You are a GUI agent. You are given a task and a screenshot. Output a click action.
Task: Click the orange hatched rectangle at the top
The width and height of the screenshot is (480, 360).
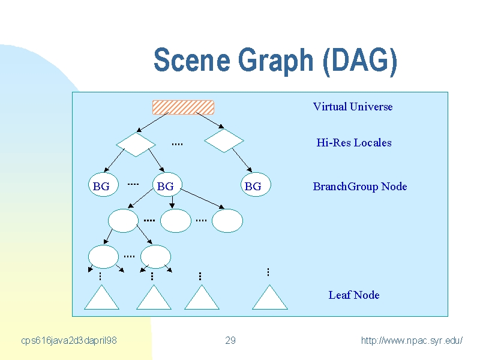point(183,107)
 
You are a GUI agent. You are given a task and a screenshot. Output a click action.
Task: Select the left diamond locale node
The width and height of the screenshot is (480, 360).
point(136,145)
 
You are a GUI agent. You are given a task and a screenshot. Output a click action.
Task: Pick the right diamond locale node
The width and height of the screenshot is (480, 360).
point(224,140)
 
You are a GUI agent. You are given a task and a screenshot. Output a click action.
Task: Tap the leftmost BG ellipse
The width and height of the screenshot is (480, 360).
point(103,185)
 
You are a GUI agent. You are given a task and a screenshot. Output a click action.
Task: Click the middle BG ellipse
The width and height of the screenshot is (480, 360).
point(167,185)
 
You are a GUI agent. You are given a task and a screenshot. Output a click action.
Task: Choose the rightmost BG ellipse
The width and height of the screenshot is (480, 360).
point(256,185)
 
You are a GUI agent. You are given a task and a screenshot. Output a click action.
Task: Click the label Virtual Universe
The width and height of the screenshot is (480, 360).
point(353,107)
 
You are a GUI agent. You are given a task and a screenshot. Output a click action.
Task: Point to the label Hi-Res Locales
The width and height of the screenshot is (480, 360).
point(354,143)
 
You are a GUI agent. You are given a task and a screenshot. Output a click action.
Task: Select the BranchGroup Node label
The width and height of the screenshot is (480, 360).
point(360,187)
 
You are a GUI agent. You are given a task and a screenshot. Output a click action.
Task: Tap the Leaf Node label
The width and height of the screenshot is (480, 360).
point(354,295)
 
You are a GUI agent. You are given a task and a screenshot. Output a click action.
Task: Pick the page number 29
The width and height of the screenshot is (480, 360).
point(230,340)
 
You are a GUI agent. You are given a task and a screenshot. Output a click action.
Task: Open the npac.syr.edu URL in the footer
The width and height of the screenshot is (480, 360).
point(412,340)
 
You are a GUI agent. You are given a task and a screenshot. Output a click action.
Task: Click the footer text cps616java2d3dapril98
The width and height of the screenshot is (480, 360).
point(69,340)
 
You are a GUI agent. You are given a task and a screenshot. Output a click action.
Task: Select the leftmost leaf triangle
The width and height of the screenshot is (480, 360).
point(101,297)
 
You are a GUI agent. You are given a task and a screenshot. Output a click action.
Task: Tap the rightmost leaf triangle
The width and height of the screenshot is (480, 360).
point(269,297)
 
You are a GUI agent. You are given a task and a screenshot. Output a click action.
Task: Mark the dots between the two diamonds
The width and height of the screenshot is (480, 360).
point(177,144)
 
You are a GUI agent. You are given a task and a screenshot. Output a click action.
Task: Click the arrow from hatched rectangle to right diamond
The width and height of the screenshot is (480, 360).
point(210,121)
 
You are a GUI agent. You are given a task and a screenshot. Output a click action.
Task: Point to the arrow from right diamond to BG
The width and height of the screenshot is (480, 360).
point(242,160)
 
